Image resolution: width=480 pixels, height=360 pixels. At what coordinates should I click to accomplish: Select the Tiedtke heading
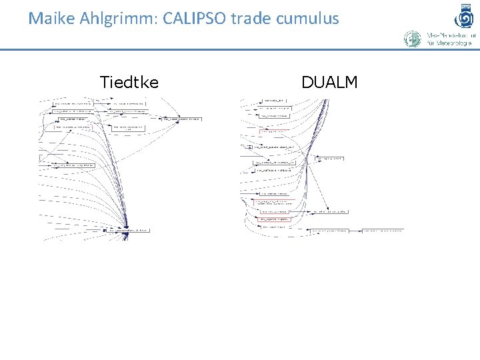point(129,82)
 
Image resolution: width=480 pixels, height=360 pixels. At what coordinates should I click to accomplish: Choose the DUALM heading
point(329,82)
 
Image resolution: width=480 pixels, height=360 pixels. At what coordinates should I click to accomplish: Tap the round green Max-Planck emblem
point(413,39)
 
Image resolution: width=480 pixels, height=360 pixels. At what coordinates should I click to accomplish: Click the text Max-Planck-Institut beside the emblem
point(451,35)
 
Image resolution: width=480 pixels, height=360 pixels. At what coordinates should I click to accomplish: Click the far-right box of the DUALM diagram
point(383,231)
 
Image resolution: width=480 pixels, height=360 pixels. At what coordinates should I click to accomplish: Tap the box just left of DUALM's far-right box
point(330,231)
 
